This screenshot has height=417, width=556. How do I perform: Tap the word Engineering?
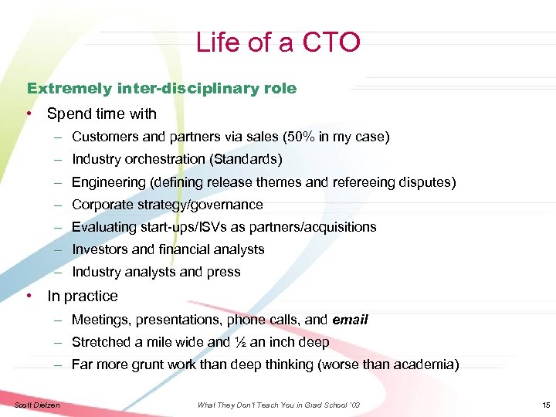coord(109,182)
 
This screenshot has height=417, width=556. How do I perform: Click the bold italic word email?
coord(350,320)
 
